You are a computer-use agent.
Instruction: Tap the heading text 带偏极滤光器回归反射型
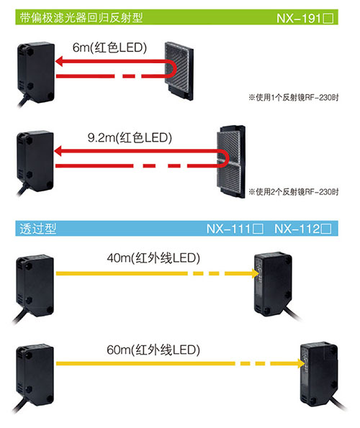tap(81, 17)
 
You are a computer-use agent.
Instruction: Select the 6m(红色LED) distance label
tap(109, 47)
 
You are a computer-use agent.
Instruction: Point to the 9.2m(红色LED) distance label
tap(130, 137)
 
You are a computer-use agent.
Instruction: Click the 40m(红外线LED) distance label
tap(153, 258)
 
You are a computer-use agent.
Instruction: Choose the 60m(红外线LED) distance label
tap(153, 350)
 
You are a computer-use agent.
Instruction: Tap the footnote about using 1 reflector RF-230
tap(294, 97)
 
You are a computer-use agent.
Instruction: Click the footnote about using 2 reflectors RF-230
tap(294, 191)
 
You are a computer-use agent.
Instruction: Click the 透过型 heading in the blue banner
tap(38, 229)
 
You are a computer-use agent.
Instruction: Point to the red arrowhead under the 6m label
tap(59, 61)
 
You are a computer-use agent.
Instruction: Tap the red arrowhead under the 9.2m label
tap(58, 151)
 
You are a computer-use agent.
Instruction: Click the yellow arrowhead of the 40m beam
tap(256, 273)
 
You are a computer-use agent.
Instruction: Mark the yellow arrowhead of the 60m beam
tap(301, 363)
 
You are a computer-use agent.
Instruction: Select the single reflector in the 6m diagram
tap(179, 71)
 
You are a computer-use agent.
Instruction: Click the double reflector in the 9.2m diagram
tap(231, 162)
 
